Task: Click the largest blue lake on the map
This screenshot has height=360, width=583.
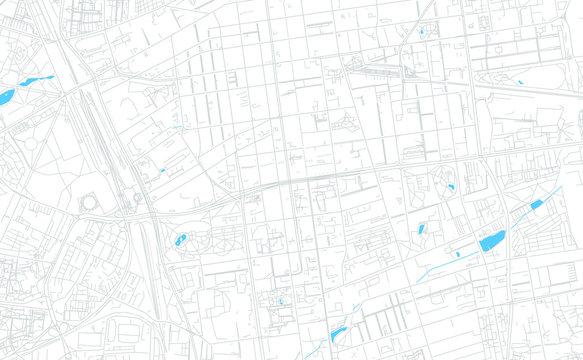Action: click(x=492, y=241)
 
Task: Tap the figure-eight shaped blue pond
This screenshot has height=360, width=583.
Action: click(x=181, y=240)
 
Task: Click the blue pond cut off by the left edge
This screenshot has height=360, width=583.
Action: click(x=5, y=97)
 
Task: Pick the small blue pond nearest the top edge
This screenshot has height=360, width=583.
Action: click(x=421, y=33)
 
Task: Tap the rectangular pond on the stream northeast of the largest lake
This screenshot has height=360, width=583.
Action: click(x=536, y=205)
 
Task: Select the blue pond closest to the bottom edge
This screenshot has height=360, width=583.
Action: click(x=337, y=334)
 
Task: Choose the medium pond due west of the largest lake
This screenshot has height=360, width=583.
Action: click(x=421, y=230)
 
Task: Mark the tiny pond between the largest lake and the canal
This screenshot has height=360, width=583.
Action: click(x=458, y=254)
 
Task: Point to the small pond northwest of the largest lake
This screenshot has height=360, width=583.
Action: click(x=451, y=187)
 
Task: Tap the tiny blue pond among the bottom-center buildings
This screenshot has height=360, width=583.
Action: click(x=281, y=300)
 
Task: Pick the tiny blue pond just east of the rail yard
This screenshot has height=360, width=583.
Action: click(x=162, y=170)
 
